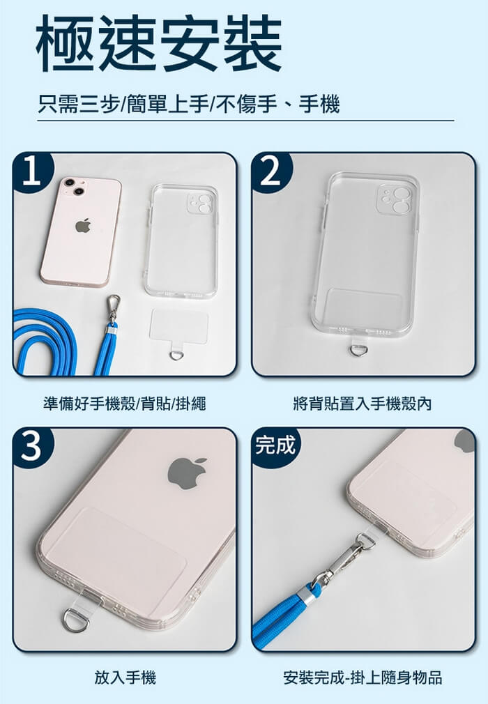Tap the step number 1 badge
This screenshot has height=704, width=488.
(32, 172)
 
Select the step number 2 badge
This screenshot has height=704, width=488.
(271, 172)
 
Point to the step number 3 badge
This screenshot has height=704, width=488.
(32, 447)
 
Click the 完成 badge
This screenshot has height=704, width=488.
(275, 445)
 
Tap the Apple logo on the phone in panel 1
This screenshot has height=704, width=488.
(83, 225)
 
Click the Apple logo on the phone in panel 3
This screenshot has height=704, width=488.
(188, 473)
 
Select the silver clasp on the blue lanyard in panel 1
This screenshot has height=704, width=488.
(112, 309)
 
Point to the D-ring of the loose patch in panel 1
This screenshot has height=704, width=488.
(176, 355)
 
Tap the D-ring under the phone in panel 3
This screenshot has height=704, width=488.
(75, 620)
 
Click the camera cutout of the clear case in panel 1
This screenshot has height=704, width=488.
(201, 203)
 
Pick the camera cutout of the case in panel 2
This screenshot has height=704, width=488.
(394, 199)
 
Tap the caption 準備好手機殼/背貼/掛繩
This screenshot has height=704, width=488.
(124, 404)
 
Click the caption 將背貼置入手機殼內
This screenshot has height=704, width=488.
(363, 404)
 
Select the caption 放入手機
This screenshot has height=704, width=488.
(125, 677)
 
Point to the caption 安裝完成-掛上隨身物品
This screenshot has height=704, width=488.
(363, 677)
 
